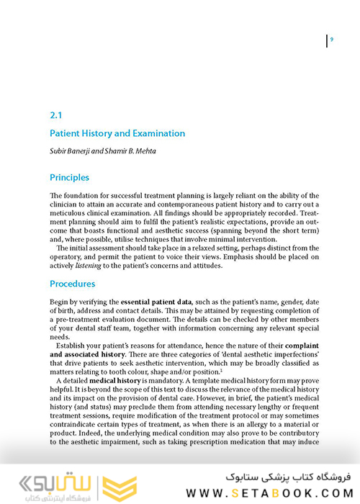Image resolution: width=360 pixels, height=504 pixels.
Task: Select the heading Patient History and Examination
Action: (x=117, y=133)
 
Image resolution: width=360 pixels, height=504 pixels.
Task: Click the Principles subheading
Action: (x=69, y=177)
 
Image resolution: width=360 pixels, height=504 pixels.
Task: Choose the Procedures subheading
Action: (x=72, y=284)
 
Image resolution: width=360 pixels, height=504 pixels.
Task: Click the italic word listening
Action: (x=90, y=266)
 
